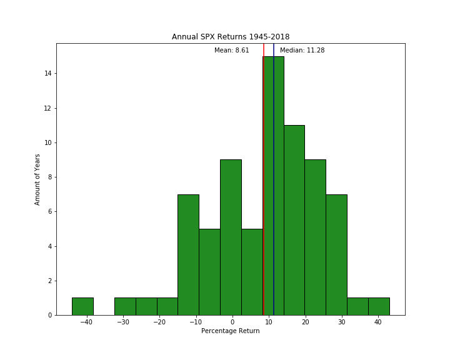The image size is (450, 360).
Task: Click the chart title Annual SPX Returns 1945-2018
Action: tap(231, 37)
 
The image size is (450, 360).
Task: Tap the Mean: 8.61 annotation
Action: tap(231, 51)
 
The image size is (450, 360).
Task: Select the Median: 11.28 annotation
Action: tap(302, 51)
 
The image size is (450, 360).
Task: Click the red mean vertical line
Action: tap(264, 187)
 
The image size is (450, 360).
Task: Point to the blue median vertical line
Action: tap(274, 187)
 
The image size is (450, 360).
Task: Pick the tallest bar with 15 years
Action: tap(279, 187)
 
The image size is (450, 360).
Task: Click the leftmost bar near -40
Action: tap(82, 306)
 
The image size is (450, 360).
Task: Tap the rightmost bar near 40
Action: tap(379, 306)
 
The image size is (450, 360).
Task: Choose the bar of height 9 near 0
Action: tap(231, 237)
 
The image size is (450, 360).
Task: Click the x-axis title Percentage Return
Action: tap(230, 331)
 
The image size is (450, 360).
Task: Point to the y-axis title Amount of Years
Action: tap(37, 179)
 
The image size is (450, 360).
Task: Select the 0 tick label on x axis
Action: tap(232, 322)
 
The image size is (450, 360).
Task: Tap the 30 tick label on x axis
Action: tap(341, 322)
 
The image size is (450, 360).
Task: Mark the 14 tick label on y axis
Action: tap(47, 74)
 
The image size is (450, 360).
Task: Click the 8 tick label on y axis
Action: tap(49, 177)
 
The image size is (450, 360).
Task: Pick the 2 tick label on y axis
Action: tap(49, 281)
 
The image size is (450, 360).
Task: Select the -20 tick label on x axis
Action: tap(159, 322)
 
